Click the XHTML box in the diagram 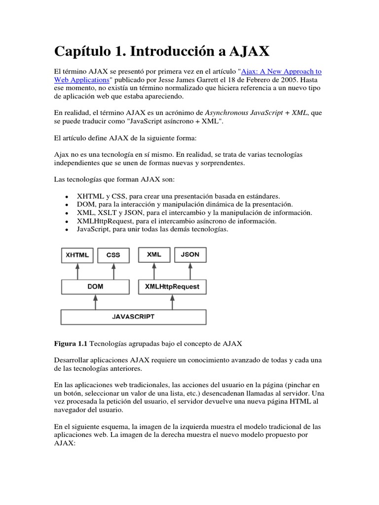(77, 255)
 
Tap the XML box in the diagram (154, 255)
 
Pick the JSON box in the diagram (190, 255)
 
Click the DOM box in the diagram (95, 287)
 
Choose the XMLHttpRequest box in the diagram (173, 287)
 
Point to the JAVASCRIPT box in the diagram (133, 316)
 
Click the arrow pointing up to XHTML (77, 271)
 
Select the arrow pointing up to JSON (190, 271)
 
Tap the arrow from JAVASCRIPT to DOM (96, 302)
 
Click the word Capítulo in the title (81, 51)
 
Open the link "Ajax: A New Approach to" (281, 72)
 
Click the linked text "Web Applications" (81, 79)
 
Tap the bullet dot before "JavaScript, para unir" (66, 229)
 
